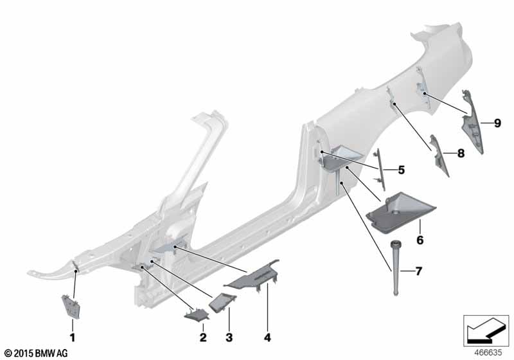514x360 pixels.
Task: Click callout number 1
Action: pos(72,337)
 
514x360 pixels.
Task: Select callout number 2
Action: pos(202,337)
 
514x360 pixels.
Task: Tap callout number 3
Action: pos(228,337)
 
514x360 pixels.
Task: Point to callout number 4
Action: pos(266,337)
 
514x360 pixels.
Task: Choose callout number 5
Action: pos(401,170)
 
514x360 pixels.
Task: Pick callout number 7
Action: pos(418,271)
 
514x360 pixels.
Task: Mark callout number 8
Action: pos(460,154)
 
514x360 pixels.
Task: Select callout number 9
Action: pos(497,123)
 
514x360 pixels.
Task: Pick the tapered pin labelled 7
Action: pos(395,267)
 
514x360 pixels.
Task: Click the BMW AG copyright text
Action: pos(35,354)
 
